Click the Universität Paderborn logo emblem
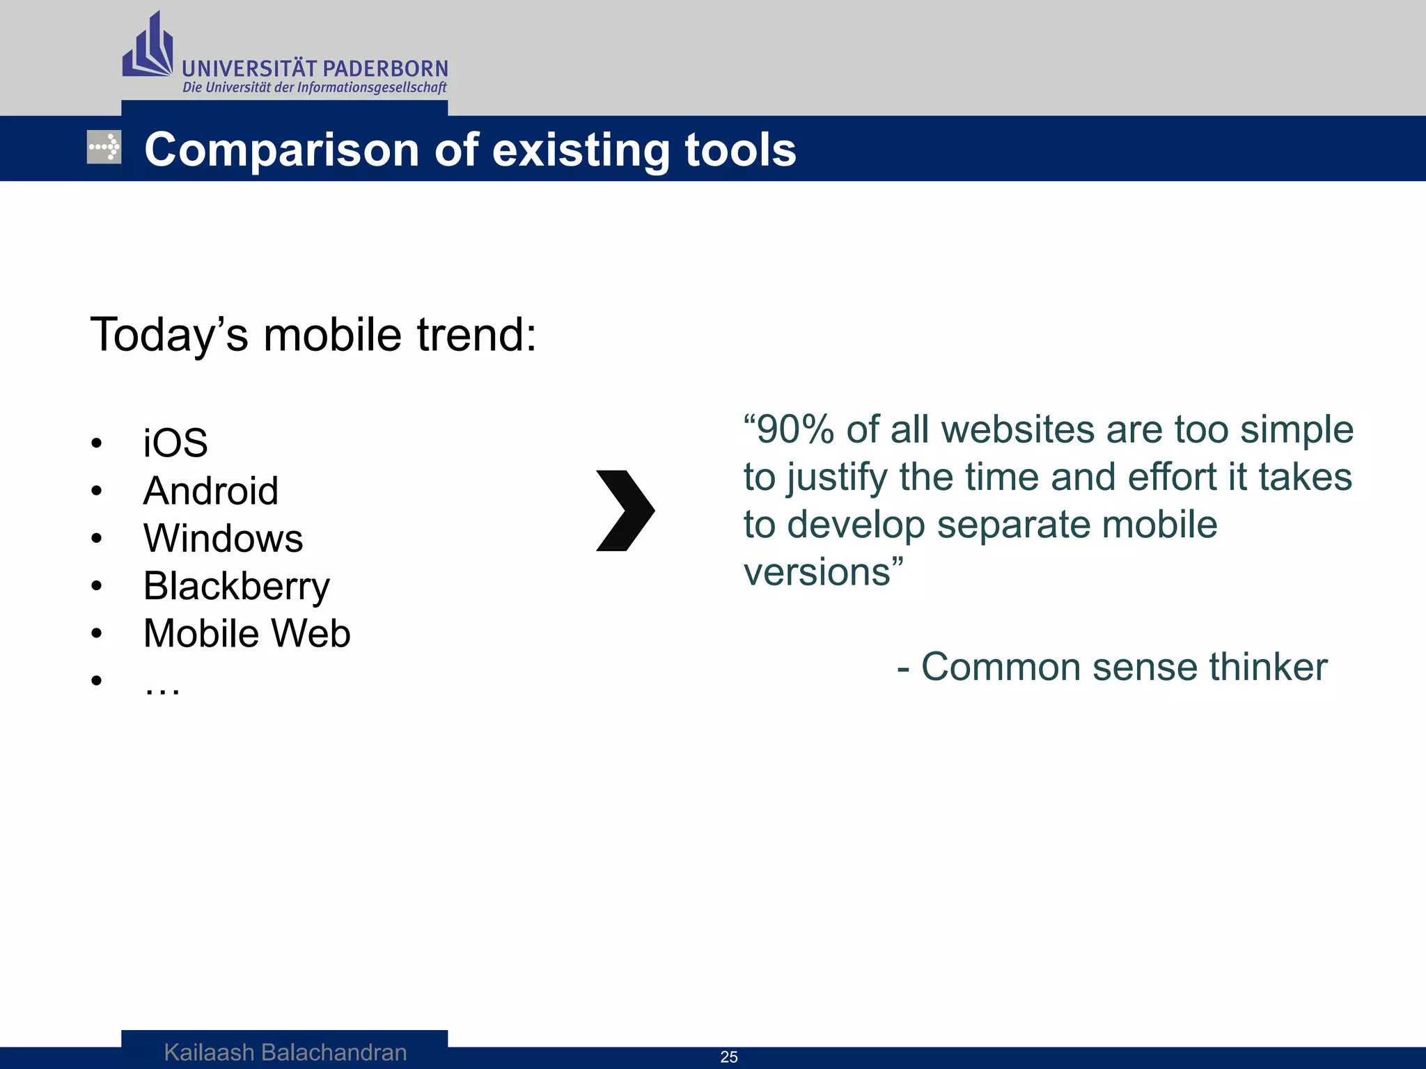coord(148,47)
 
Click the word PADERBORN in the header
coord(386,69)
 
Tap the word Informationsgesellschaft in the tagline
coord(372,88)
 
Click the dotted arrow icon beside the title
coord(104,147)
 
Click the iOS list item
coord(175,443)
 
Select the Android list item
coord(210,491)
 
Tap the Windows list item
coord(223,538)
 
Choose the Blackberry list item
coord(236,586)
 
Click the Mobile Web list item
coord(246,633)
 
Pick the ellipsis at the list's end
coord(162,688)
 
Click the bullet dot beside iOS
coord(97,443)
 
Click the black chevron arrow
coord(625,510)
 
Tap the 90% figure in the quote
coord(794,429)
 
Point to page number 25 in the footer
coord(729,1056)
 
